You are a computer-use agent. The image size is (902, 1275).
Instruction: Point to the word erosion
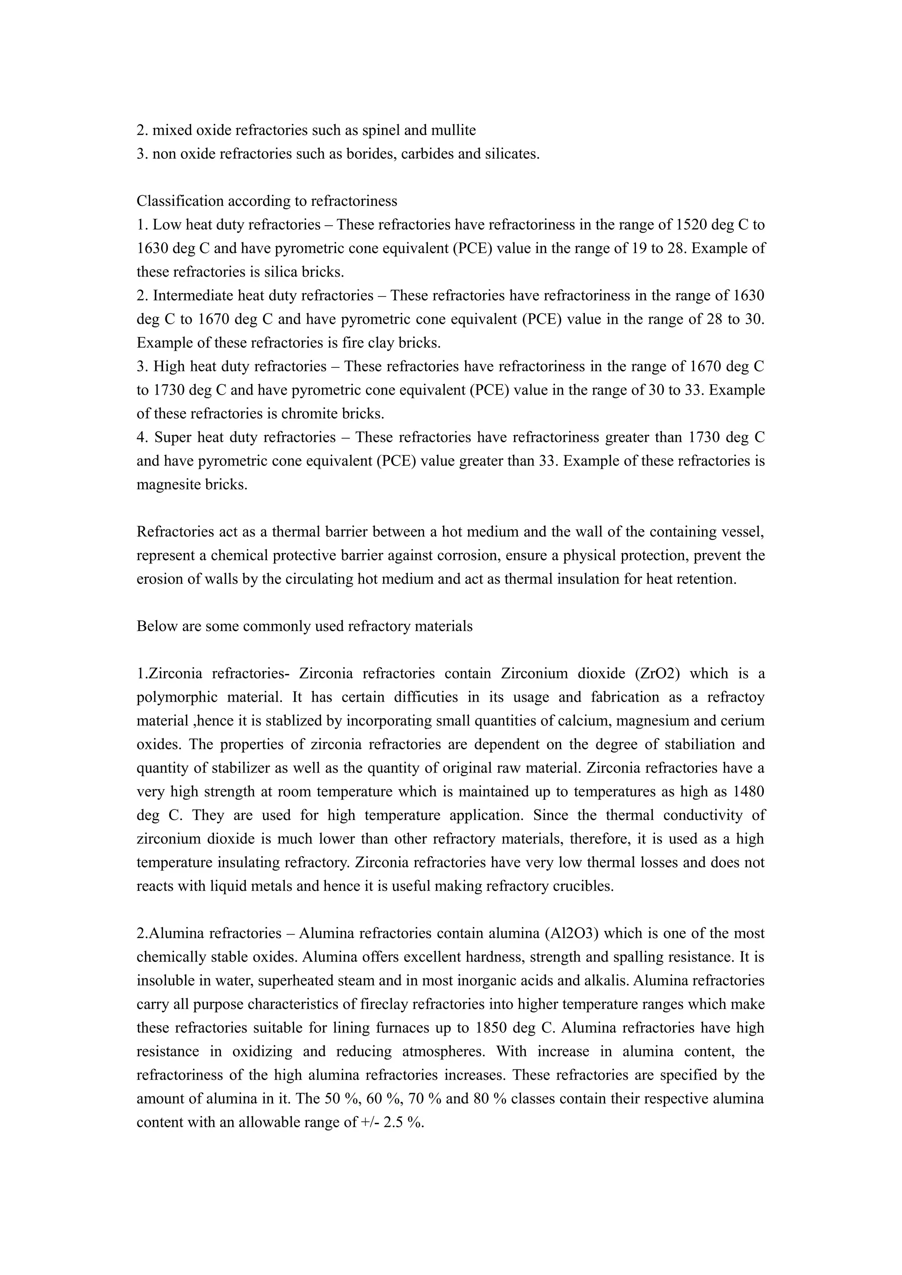click(x=157, y=579)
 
